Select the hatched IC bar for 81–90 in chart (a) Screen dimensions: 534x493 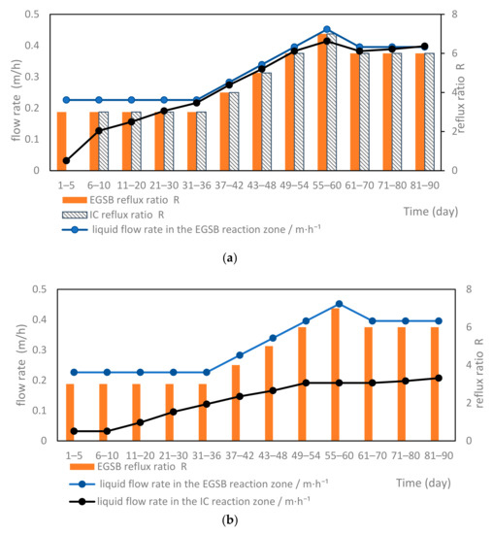coord(428,112)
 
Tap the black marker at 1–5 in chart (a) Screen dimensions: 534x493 coord(66,161)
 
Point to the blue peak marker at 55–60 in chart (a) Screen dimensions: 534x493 coord(326,29)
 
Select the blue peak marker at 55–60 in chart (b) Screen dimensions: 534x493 coord(326,304)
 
